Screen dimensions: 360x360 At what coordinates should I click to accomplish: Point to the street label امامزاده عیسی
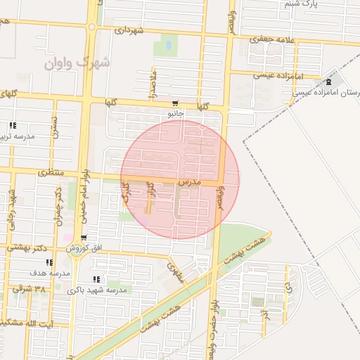coord(298,76)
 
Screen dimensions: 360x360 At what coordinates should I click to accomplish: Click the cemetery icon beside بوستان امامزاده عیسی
coord(329,82)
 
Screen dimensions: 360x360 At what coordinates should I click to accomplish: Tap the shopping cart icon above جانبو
coord(174,103)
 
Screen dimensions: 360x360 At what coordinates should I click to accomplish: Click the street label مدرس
coord(190,182)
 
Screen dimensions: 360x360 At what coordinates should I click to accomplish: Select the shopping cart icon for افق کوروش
coord(84,238)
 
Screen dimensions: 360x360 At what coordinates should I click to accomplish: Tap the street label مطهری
coord(175,271)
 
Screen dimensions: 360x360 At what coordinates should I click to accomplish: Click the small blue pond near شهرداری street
coord(167,47)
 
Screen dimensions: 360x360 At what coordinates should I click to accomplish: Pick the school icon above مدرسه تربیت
coord(12,126)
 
